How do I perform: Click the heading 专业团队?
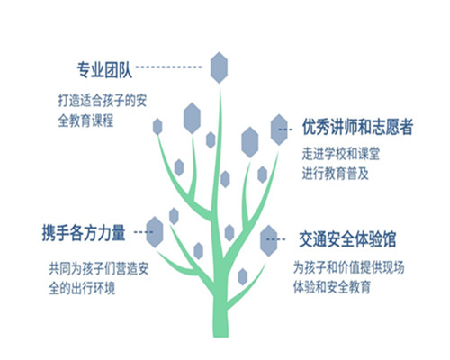click(104, 70)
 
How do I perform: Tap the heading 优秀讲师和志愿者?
click(357, 127)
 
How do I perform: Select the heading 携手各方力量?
click(84, 232)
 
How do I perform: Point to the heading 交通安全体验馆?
click(347, 239)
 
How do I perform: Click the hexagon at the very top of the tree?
click(219, 67)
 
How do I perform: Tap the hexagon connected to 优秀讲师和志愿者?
click(279, 130)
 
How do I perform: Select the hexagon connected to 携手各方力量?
click(155, 232)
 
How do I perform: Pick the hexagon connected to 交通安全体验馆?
click(268, 241)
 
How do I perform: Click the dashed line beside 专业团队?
click(168, 67)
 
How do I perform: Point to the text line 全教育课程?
click(85, 121)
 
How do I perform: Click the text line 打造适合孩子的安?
click(103, 101)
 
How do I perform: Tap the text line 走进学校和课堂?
click(341, 154)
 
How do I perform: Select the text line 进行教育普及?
click(336, 174)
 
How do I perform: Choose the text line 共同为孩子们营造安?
click(99, 268)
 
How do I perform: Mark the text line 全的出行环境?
click(82, 288)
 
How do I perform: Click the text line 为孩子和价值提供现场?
click(348, 267)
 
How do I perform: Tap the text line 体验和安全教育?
click(332, 287)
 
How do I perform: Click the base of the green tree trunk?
click(221, 335)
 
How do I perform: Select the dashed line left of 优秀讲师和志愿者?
click(285, 130)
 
